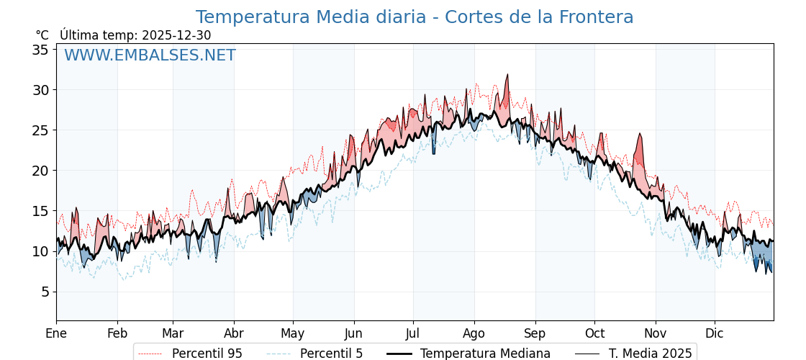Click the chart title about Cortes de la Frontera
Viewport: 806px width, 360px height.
[x=415, y=17]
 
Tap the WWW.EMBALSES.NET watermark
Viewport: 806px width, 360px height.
[x=150, y=55]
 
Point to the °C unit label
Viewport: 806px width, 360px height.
[x=42, y=35]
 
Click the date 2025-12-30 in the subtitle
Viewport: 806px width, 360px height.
[x=176, y=35]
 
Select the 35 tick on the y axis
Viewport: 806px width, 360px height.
[x=40, y=50]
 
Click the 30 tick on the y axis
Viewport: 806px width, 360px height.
[x=40, y=90]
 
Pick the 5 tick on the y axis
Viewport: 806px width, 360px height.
[x=45, y=292]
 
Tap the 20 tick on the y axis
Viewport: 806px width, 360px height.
[x=40, y=171]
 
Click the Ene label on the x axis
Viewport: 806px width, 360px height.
[x=56, y=333]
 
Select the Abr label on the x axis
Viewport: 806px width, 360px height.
[x=234, y=333]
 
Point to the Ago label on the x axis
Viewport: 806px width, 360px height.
[x=474, y=333]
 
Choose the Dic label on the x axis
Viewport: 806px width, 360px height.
[x=715, y=333]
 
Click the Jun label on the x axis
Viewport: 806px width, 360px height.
[x=353, y=333]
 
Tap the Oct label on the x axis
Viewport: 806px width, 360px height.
[x=594, y=333]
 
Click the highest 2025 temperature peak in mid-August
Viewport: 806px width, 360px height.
[x=507, y=74]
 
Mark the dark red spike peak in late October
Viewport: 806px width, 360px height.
[x=639, y=134]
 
